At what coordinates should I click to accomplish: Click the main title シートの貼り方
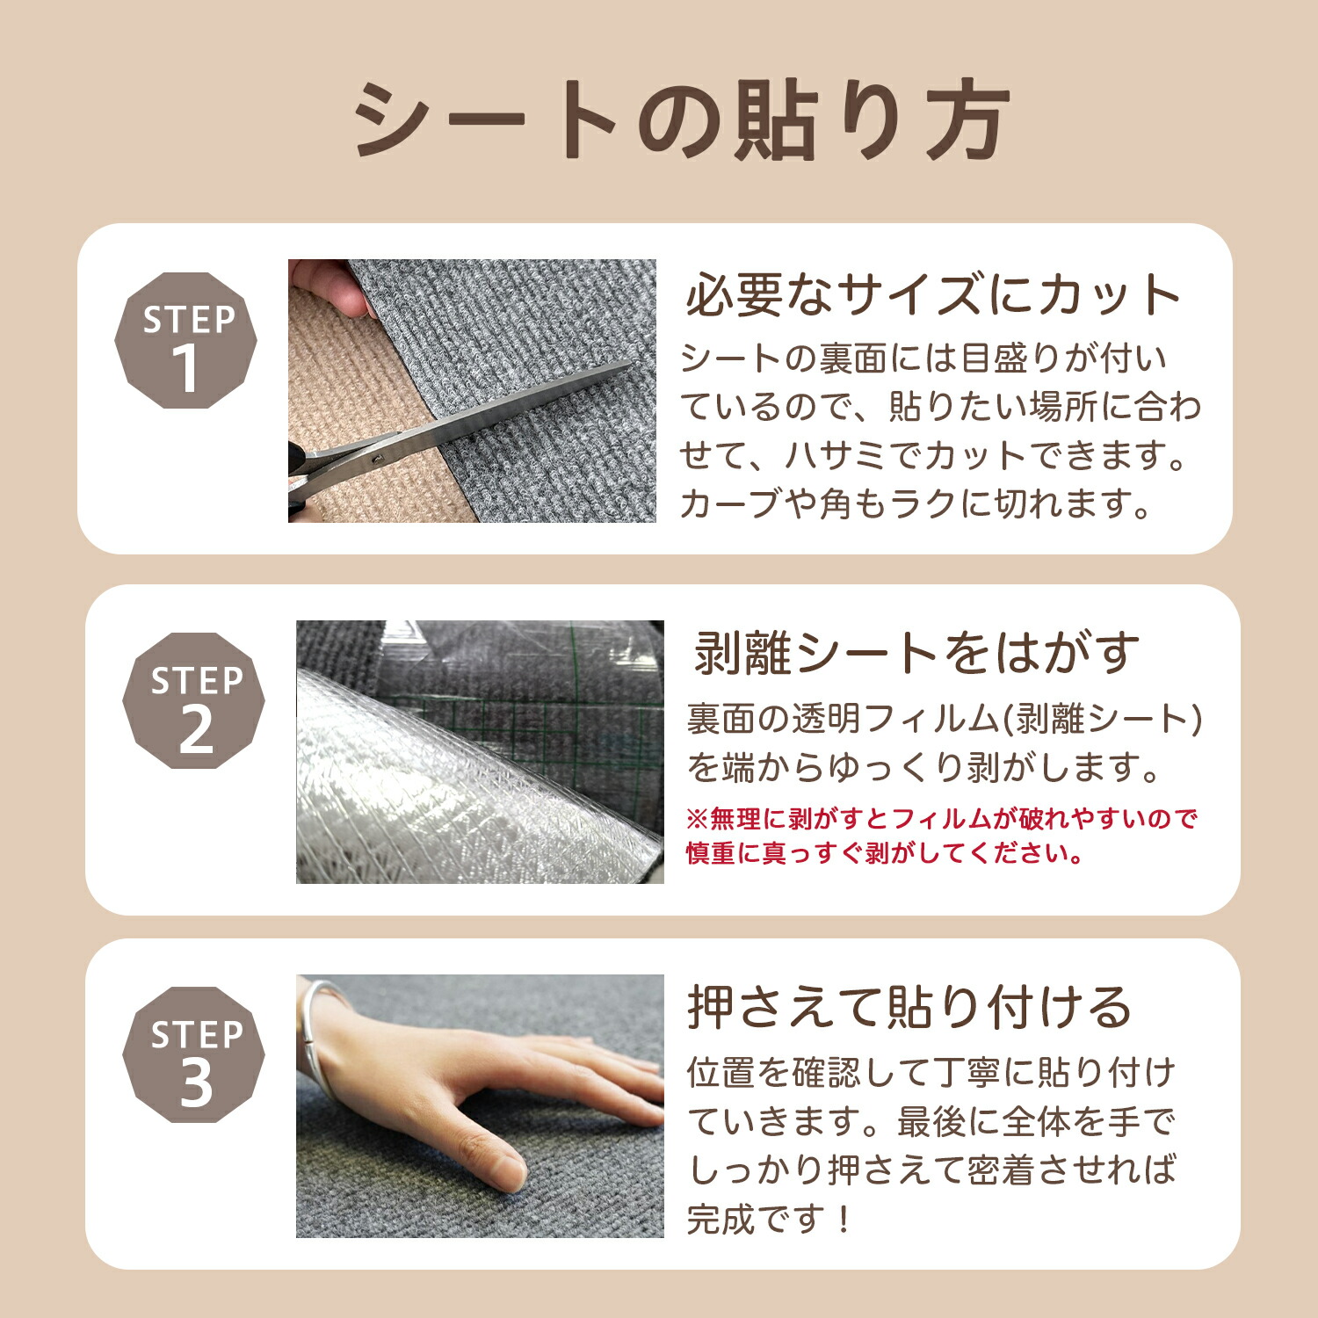681,120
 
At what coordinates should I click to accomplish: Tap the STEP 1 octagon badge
186,341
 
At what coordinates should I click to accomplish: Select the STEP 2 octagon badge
193,701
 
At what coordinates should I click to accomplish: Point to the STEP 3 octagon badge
193,1055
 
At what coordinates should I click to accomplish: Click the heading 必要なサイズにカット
933,294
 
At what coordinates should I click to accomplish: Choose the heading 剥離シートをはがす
916,653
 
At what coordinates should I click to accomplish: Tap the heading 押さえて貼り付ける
909,1007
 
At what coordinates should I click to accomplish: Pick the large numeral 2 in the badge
196,730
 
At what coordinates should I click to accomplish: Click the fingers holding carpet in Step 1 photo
329,286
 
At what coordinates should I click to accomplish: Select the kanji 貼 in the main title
780,120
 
